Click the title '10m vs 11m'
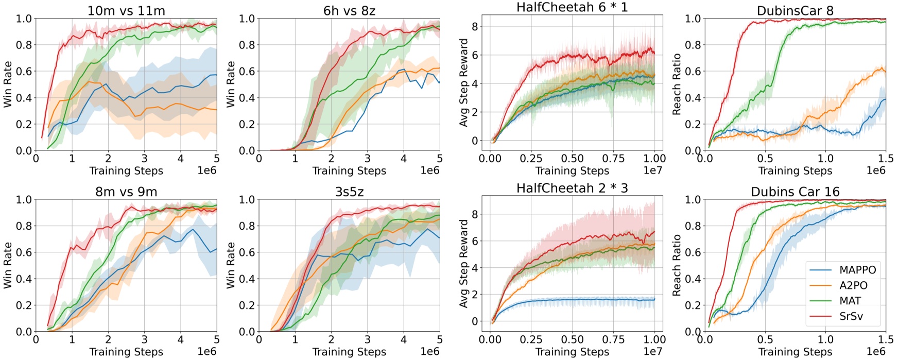click(126, 10)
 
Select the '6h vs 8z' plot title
click(349, 10)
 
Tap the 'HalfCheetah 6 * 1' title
click(572, 7)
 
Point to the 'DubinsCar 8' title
click(795, 10)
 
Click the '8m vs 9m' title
click(126, 192)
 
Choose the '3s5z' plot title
click(349, 192)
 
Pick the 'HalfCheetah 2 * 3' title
click(572, 188)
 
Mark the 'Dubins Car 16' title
click(795, 192)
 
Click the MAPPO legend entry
click(857, 270)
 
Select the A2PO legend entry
click(853, 285)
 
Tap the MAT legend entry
click(850, 301)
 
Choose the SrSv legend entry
click(851, 316)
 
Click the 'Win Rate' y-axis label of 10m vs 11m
click(8, 84)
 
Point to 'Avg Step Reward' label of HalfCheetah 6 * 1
click(464, 82)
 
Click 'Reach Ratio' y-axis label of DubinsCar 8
click(677, 84)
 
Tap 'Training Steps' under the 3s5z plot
click(349, 352)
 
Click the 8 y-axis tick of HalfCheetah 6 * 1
click(475, 26)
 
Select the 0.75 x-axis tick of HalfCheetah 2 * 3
click(613, 340)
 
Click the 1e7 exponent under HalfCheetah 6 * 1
click(652, 170)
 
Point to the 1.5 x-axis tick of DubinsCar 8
click(886, 159)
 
